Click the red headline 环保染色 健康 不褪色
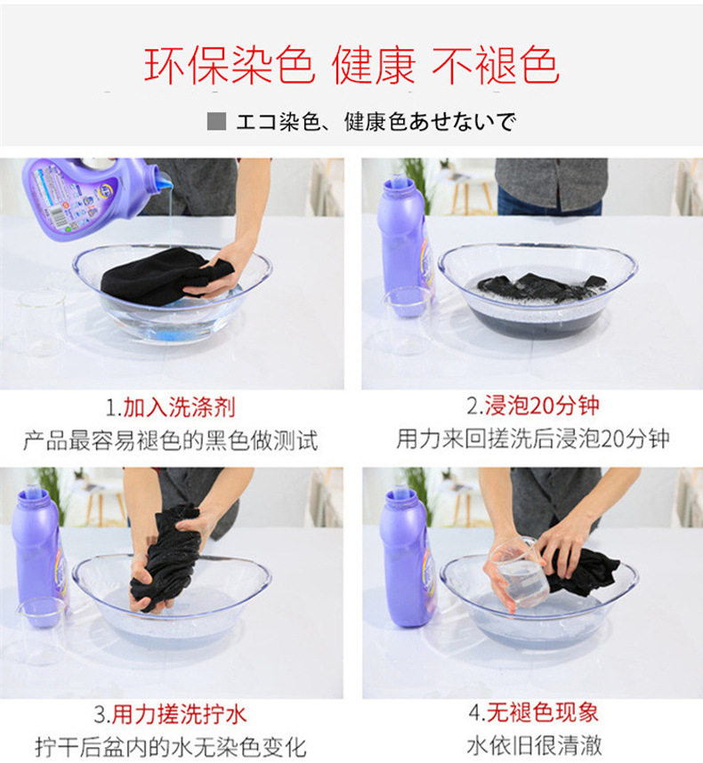351,65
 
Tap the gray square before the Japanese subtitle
216,121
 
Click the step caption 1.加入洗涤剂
171,407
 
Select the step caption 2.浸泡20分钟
533,406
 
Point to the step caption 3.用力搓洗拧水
170,714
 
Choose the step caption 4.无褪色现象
534,712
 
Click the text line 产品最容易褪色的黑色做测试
170,440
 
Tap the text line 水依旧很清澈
534,745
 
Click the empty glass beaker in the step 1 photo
42,322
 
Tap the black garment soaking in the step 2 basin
541,287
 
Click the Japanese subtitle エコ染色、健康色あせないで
376,122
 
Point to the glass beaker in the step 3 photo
42,631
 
